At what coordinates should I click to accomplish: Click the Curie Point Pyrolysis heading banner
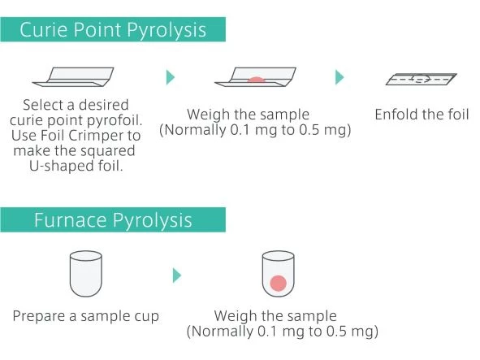pos(113,29)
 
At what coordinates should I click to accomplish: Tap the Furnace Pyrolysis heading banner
pos(113,219)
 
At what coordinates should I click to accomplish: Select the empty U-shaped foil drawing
pos(73,77)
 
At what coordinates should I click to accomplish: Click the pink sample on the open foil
pos(256,80)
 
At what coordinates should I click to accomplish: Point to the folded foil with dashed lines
pos(421,79)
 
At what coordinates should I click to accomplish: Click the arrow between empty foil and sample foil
pos(171,77)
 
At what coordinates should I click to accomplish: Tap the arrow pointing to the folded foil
pos(339,77)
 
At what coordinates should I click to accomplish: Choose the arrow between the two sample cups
pos(177,275)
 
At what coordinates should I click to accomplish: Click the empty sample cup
pos(86,274)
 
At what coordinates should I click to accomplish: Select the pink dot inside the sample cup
pos(279,283)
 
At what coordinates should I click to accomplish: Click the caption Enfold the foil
pos(422,115)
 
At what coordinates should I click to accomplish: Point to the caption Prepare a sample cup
pos(86,316)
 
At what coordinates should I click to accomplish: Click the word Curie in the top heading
pos(44,30)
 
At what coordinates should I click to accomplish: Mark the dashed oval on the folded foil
pos(421,79)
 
